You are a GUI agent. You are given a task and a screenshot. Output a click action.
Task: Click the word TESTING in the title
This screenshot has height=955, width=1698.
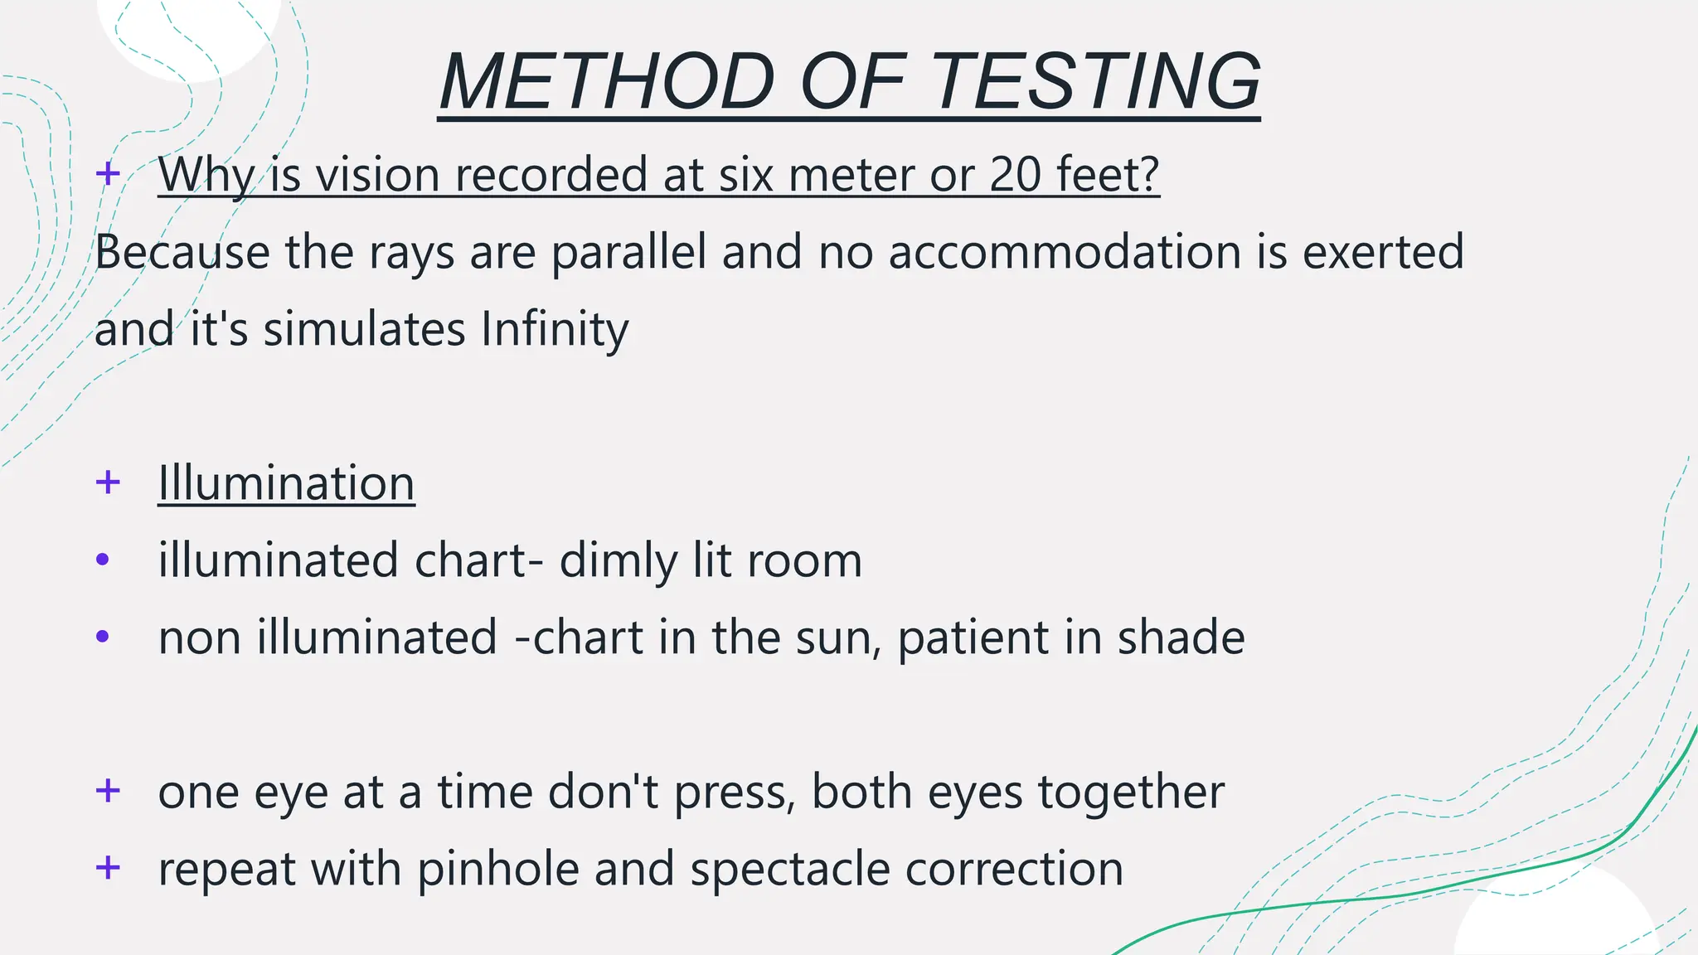point(1096,81)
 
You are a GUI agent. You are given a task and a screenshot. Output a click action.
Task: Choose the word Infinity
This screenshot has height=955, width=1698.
point(555,329)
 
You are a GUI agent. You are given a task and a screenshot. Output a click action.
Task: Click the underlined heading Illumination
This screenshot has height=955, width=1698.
point(286,483)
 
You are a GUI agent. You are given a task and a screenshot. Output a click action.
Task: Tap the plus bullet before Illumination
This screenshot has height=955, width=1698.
point(108,482)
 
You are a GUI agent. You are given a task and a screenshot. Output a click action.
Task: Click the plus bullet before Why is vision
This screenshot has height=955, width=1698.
point(108,174)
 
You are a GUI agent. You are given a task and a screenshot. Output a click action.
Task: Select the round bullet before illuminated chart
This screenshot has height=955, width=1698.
point(103,560)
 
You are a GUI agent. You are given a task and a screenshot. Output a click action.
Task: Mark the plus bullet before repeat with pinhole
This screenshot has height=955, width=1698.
point(108,868)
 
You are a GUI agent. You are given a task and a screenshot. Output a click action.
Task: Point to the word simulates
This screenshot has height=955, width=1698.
point(365,329)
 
